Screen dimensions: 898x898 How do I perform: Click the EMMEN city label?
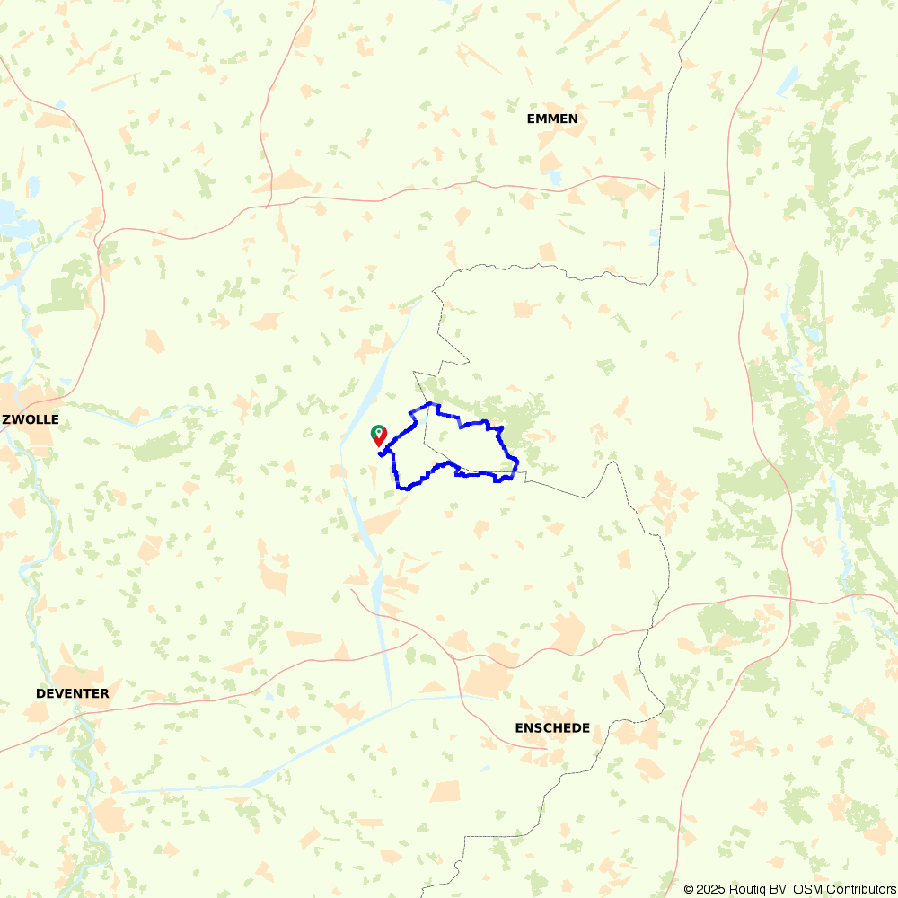pos(552,119)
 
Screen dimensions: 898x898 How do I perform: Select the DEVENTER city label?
pos(73,693)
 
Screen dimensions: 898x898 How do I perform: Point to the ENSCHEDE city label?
pos(552,727)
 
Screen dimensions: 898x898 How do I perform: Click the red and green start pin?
pos(379,436)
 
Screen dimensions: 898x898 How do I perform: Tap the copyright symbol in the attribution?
pos(689,889)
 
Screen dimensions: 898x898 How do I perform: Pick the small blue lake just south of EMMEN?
pos(555,178)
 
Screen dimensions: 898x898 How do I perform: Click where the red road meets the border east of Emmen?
pos(663,189)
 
